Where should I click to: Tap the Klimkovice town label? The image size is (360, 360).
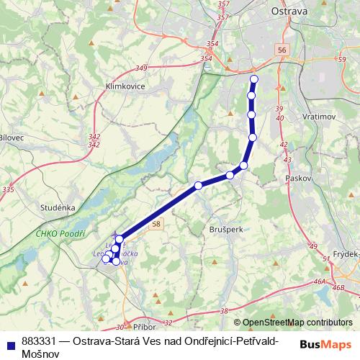[x=125, y=86]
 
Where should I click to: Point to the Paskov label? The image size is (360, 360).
[x=297, y=176]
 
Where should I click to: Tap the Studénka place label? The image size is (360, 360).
[x=58, y=208]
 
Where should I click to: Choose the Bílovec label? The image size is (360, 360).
[x=12, y=137]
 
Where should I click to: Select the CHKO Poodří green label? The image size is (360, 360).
[x=60, y=234]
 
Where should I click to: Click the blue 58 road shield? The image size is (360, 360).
[x=157, y=225]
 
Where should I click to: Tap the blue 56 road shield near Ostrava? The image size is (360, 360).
[x=281, y=50]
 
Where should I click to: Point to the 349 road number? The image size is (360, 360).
[x=140, y=68]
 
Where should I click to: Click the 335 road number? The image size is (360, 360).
[x=8, y=190]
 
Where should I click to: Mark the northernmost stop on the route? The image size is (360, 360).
[x=253, y=79]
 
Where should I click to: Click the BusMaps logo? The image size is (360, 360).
[x=325, y=344]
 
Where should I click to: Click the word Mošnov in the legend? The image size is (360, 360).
[x=40, y=353]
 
